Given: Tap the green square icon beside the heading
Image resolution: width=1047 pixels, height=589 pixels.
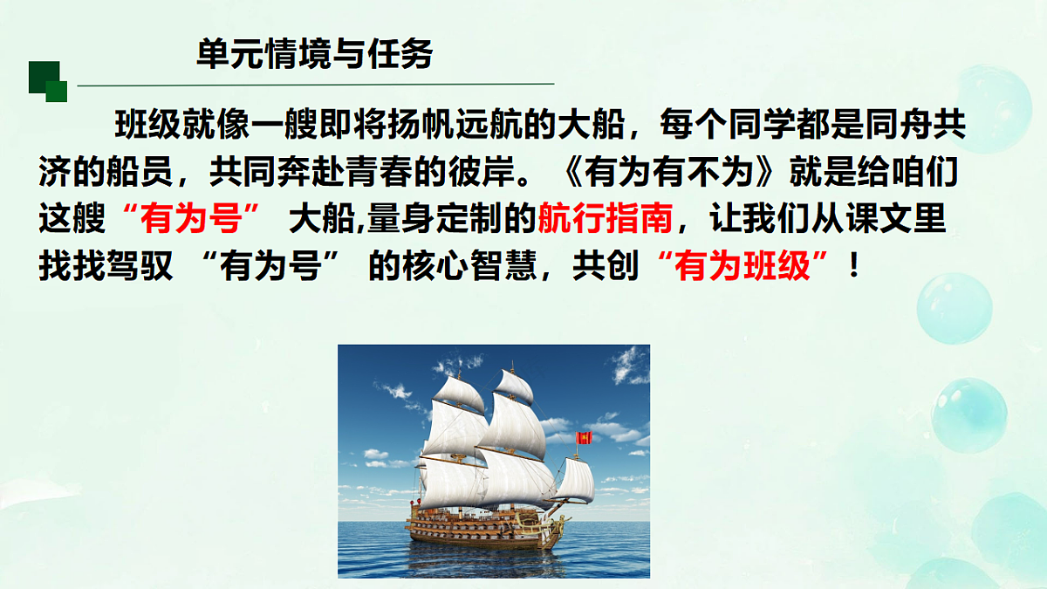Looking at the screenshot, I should pos(48,80).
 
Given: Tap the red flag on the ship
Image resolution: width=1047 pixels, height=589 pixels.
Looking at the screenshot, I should pos(585,437).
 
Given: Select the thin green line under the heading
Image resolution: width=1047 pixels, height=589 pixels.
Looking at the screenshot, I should pos(314,85).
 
